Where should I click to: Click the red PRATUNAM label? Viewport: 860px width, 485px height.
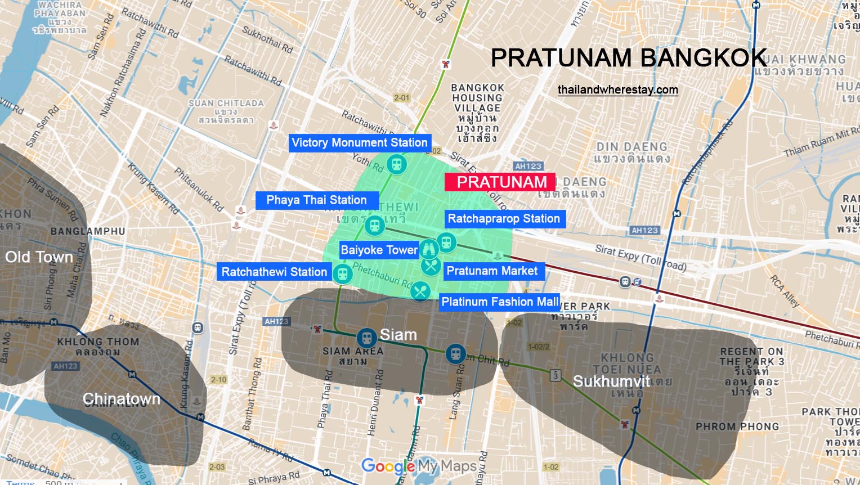500,182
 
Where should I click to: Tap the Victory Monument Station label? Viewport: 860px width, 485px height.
360,142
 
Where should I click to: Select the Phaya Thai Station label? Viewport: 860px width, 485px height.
316,200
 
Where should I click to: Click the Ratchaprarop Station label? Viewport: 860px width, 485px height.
504,219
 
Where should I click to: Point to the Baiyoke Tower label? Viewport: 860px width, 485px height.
379,250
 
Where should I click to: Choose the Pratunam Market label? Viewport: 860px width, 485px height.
492,271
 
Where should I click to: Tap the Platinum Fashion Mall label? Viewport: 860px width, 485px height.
500,302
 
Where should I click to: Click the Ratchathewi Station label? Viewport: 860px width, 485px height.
274,272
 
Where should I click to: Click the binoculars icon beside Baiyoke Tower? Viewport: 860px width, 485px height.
429,248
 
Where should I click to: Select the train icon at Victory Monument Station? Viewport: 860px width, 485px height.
397,164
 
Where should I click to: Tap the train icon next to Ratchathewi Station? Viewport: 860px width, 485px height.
342,274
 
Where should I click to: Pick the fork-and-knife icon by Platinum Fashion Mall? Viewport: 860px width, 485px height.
420,291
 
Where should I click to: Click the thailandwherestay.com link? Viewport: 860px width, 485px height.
617,89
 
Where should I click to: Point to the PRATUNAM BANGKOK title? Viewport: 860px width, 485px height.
629,58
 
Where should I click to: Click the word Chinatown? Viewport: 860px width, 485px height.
121,399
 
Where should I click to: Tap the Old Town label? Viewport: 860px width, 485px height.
39,257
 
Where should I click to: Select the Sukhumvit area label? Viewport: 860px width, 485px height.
611,381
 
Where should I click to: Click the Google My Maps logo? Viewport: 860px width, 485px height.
419,466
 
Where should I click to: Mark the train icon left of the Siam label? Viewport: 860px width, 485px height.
366,338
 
